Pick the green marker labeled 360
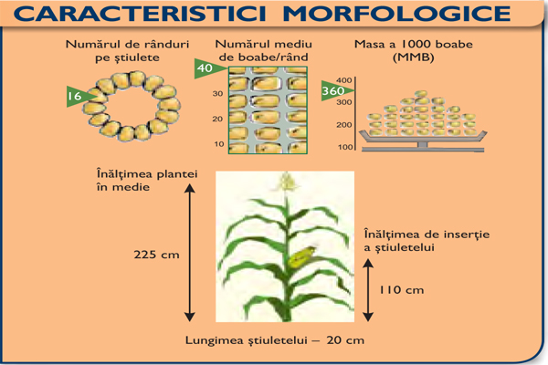point(333,90)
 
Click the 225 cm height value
point(156,255)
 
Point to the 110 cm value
point(402,290)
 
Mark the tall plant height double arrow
point(190,252)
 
